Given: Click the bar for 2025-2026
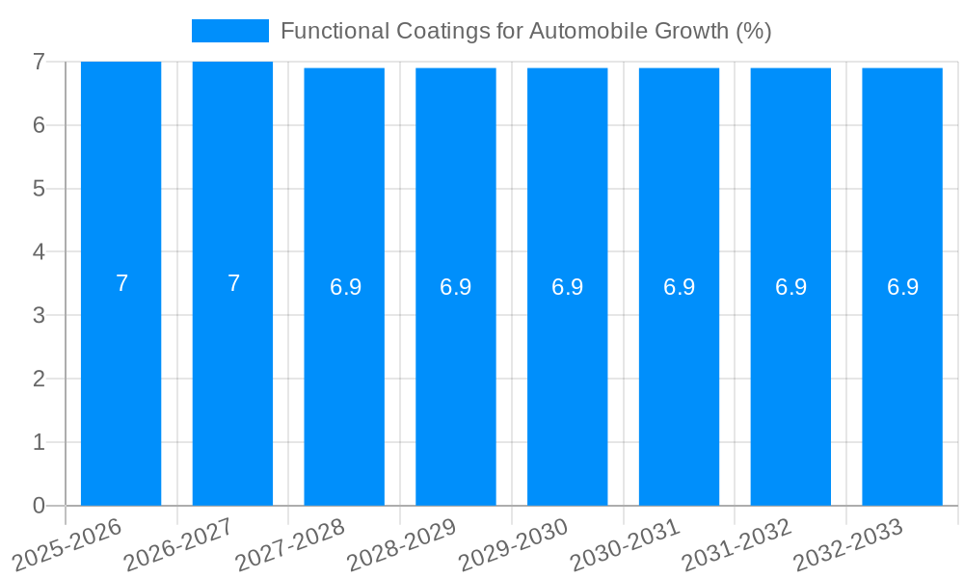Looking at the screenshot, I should [x=120, y=385].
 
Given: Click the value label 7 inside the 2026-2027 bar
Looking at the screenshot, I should [x=233, y=283].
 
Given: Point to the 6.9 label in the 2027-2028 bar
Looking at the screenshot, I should [x=345, y=287].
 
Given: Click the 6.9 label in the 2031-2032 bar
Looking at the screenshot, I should [x=790, y=287].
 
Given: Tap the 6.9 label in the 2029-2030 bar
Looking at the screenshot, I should [x=567, y=287].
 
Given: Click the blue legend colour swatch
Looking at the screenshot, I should [x=229, y=31].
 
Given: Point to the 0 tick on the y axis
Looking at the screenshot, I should [x=39, y=506].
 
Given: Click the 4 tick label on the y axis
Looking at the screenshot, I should [x=39, y=252].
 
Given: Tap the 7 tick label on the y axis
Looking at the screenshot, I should [x=39, y=62].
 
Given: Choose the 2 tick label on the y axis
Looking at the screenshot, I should [x=39, y=379].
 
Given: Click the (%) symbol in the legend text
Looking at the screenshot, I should [x=753, y=31].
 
